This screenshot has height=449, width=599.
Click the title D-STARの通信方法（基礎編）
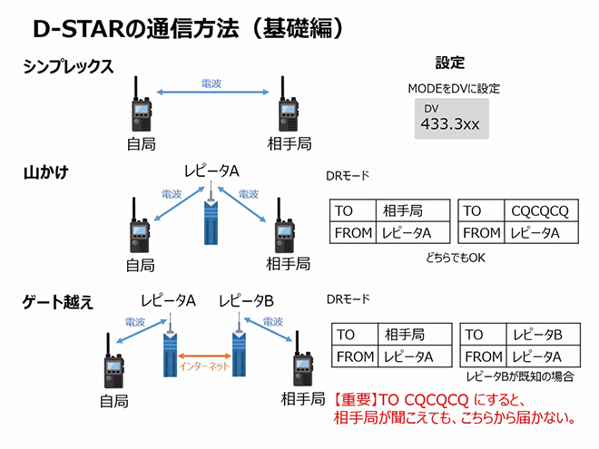click(190, 29)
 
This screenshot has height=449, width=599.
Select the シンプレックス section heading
click(68, 66)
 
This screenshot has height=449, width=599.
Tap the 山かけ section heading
click(46, 172)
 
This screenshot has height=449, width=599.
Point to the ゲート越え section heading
click(58, 302)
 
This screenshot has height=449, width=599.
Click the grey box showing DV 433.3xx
click(452, 119)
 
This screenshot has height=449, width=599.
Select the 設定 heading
click(450, 63)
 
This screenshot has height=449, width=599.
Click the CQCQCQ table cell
click(541, 210)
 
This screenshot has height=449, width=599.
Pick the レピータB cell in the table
click(543, 335)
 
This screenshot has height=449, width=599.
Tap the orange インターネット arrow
click(205, 356)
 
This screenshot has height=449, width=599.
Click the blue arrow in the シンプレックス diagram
click(212, 92)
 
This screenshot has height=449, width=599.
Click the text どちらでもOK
click(456, 258)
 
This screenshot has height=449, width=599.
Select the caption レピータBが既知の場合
click(519, 376)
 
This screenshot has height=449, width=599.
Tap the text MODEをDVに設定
click(454, 89)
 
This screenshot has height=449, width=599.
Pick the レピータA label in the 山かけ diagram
click(211, 171)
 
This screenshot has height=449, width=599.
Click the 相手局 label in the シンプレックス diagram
click(290, 144)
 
